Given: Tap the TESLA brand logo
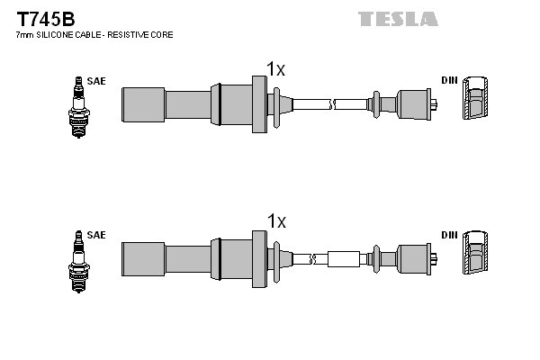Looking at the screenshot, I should coord(397,18).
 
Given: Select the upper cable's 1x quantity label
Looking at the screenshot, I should coord(276,68).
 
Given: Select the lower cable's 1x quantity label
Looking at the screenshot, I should coord(276,220).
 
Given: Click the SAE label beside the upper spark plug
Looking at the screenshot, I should coord(96,81).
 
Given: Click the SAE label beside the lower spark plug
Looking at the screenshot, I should coord(96,235).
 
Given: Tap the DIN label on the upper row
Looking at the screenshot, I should coord(449,81).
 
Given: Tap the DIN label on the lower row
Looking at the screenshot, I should coord(449,235).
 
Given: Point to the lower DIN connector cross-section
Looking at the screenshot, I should coord(475,255).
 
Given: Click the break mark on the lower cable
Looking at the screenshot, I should coord(311,258).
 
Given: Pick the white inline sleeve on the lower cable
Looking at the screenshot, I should coord(343,258).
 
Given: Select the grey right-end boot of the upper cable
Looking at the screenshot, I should coord(414,103).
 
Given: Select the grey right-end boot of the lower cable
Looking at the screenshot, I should coord(414,258).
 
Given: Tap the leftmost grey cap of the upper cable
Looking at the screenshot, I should coord(143,103).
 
